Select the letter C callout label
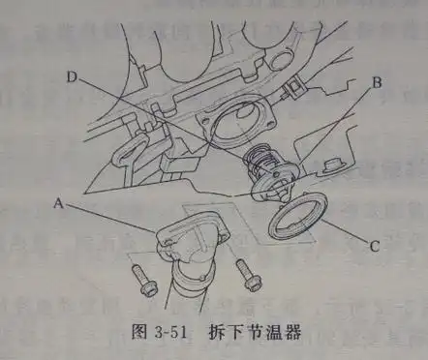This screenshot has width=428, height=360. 373,247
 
